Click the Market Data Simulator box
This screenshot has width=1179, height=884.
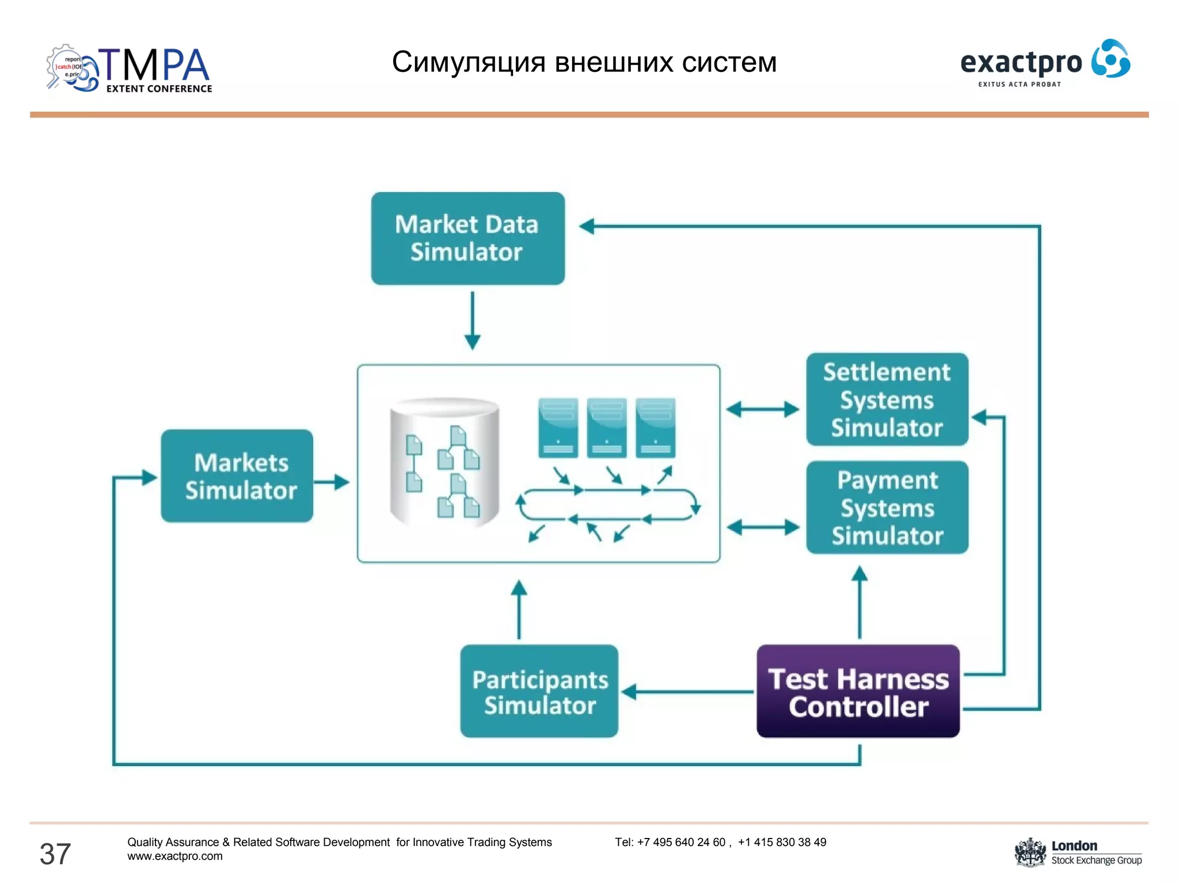click(x=467, y=238)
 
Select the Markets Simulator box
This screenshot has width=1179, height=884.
click(x=237, y=476)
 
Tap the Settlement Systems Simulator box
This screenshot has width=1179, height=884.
click(x=887, y=399)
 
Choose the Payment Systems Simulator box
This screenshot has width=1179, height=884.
click(x=887, y=508)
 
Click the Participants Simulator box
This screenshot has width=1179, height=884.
click(x=539, y=691)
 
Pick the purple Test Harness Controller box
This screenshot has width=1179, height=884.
click(x=858, y=691)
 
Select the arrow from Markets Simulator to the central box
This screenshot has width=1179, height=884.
click(x=332, y=482)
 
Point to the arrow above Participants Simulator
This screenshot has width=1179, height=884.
click(x=519, y=610)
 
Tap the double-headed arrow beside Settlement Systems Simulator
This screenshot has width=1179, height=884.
click(x=763, y=410)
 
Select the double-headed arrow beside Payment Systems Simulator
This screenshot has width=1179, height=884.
click(x=763, y=527)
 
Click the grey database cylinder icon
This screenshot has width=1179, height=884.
click(x=444, y=462)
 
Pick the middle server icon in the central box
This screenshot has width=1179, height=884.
click(x=607, y=428)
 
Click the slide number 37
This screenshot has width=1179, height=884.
click(x=55, y=853)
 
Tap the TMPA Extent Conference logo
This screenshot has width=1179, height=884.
click(x=130, y=69)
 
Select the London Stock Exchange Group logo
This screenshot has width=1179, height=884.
click(x=1078, y=852)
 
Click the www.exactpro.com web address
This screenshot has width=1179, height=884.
click(x=175, y=856)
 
